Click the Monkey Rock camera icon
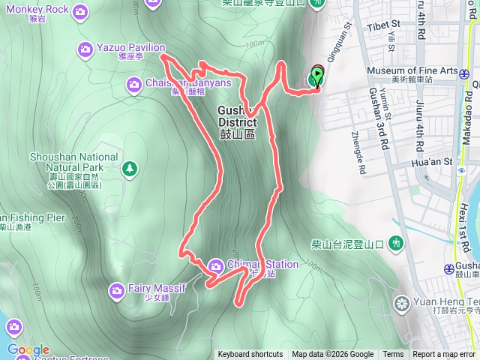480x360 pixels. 80,10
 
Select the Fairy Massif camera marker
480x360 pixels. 116,289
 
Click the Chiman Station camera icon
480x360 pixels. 216,264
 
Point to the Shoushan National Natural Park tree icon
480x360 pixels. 129,167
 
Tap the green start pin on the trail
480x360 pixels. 316,76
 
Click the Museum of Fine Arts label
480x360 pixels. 412,70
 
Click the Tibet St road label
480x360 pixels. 385,25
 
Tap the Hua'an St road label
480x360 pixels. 433,161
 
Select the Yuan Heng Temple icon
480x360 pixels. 402,304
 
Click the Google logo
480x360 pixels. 28,349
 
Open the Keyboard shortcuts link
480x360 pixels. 250,355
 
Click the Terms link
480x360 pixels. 393,355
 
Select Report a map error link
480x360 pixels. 444,355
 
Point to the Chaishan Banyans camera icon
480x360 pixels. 133,84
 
